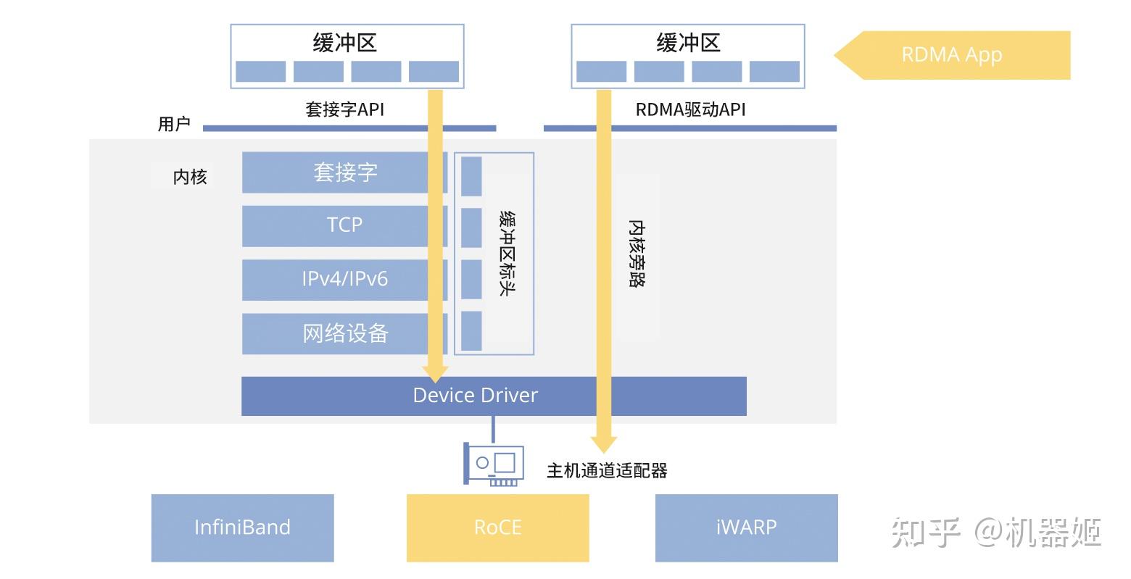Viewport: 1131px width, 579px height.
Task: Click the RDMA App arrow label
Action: click(951, 55)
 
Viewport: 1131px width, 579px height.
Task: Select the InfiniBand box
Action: click(242, 528)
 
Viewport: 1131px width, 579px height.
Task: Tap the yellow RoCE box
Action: click(497, 528)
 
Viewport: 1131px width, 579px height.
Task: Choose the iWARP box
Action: click(746, 528)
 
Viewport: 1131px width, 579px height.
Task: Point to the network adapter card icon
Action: click(493, 464)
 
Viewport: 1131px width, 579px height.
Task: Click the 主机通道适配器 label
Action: click(606, 471)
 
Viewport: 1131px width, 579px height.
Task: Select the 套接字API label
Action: click(344, 109)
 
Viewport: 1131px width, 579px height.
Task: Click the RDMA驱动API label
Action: click(690, 109)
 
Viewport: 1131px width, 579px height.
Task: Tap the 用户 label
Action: click(174, 124)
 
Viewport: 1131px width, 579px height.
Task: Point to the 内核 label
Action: click(190, 177)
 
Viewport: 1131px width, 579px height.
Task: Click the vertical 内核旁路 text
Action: click(637, 254)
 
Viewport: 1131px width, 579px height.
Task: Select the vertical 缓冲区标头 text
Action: click(507, 254)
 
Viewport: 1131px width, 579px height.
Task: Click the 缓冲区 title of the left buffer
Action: click(345, 43)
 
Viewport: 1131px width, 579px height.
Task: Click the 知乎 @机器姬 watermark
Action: click(996, 533)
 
